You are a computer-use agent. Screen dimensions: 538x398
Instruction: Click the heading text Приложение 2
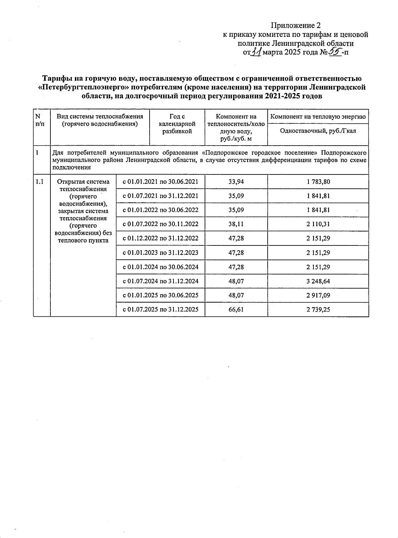point(296,26)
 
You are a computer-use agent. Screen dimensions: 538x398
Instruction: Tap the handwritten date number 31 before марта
point(255,52)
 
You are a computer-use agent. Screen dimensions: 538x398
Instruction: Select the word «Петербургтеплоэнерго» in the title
point(82,87)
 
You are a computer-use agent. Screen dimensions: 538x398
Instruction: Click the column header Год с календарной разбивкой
point(177,124)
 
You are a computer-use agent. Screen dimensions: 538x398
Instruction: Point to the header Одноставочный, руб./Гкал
point(318,131)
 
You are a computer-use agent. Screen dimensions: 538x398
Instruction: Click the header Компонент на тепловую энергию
point(318,116)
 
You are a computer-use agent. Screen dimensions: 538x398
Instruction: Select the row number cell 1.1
point(40,182)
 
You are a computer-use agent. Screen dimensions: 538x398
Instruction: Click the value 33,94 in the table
point(236,182)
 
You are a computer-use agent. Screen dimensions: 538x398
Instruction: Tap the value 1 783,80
point(318,182)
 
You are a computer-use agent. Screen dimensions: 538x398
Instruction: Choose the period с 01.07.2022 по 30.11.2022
point(161,224)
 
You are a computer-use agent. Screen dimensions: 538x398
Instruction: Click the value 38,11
point(236,224)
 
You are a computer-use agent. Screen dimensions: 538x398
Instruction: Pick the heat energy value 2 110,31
point(318,224)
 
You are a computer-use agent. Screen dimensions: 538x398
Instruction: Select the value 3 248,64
point(318,281)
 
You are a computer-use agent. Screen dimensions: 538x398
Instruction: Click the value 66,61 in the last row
point(236,309)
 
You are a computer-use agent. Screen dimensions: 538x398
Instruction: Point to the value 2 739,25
point(318,309)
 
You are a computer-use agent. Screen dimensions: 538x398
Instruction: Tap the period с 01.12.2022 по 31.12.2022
point(161,238)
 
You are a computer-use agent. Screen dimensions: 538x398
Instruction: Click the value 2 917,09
point(318,295)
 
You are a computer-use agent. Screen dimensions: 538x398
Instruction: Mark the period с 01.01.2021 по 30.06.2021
point(161,182)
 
